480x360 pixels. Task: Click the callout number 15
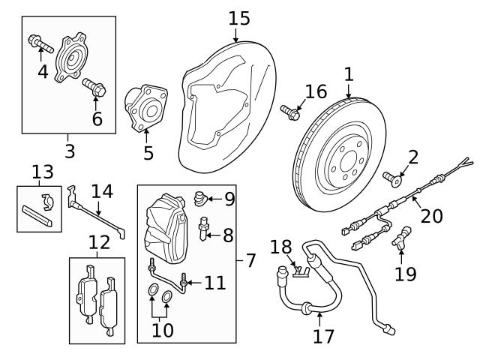(239, 17)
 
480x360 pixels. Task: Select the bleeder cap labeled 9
(199, 199)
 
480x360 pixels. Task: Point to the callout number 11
(215, 283)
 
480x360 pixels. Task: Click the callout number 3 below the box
(70, 151)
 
